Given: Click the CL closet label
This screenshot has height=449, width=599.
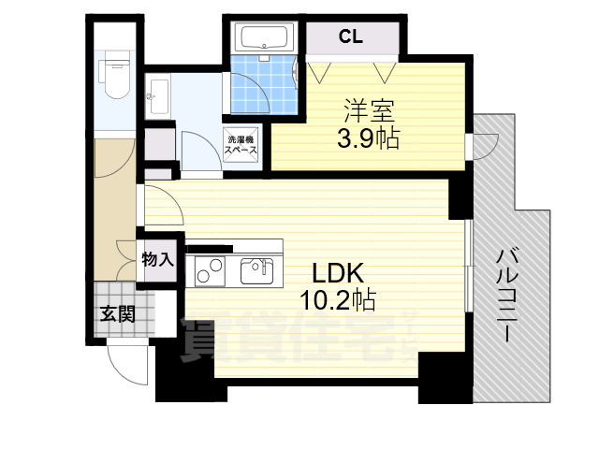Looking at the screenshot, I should coord(351,37).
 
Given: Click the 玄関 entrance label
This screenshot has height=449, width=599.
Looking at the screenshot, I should coord(118,313).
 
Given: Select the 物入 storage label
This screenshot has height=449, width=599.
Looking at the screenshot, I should coord(157,259).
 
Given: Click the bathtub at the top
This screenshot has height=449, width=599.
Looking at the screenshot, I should coord(262,39).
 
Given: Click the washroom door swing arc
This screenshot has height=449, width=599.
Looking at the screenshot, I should coord(198,150).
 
